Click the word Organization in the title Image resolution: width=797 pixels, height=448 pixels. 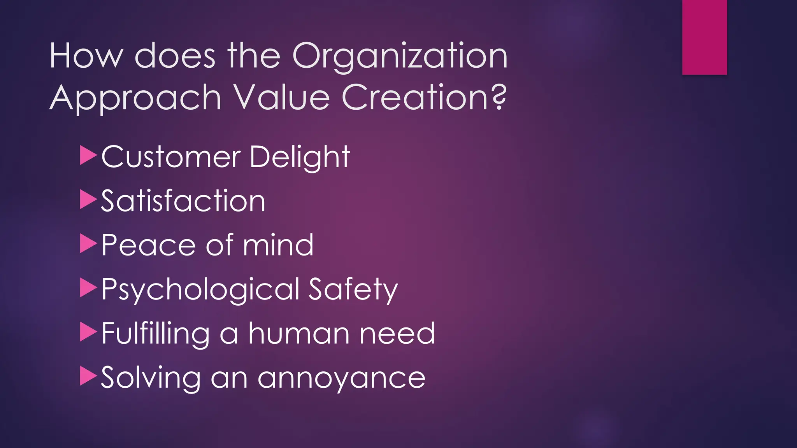click(400, 57)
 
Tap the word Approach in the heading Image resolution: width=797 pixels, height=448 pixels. click(135, 98)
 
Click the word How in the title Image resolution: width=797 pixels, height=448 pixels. click(86, 56)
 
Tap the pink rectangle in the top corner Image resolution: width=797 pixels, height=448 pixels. click(704, 37)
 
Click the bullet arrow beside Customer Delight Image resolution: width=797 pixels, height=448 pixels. click(88, 155)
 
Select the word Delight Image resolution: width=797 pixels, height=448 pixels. click(300, 157)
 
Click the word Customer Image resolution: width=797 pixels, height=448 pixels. click(171, 157)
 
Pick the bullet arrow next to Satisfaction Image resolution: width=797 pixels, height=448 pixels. click(88, 199)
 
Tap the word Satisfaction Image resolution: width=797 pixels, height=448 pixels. click(183, 201)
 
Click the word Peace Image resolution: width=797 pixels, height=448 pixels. click(148, 245)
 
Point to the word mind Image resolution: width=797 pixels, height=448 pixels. click(278, 245)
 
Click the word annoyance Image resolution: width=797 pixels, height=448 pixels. click(341, 378)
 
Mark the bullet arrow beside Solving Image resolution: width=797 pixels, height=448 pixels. click(88, 376)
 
